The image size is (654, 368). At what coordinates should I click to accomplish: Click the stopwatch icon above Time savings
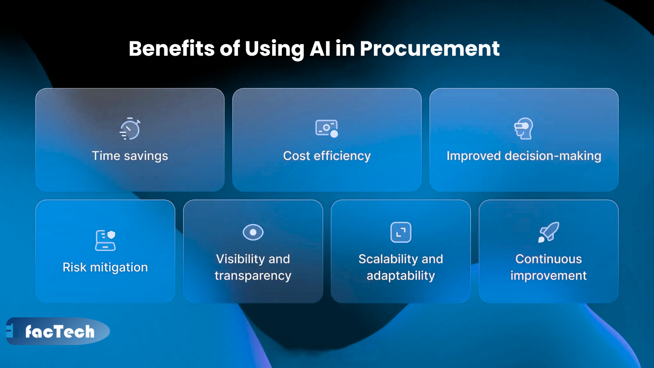point(130,129)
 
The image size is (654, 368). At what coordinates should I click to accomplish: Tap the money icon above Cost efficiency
point(327,128)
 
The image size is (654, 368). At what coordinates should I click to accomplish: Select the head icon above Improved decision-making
point(524,128)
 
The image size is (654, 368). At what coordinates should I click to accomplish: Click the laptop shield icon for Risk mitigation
point(105,240)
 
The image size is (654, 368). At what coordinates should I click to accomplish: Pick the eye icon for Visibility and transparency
point(253,232)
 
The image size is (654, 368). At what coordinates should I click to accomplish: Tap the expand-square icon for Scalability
point(401,232)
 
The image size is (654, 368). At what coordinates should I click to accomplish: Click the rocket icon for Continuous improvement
point(549,232)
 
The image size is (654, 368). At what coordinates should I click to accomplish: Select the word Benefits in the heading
point(172,48)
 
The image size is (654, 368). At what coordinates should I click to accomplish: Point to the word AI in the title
point(320,48)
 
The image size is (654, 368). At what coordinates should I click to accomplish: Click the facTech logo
point(59,331)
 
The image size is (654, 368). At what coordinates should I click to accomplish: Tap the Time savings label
point(130,156)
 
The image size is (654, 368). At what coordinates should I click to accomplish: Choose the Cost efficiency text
point(327,156)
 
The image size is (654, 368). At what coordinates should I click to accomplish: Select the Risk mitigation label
point(105,267)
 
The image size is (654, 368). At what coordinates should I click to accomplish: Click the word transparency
point(253,276)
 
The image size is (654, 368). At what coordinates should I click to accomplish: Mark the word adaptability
point(401,276)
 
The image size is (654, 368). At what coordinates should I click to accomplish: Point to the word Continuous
point(548,259)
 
